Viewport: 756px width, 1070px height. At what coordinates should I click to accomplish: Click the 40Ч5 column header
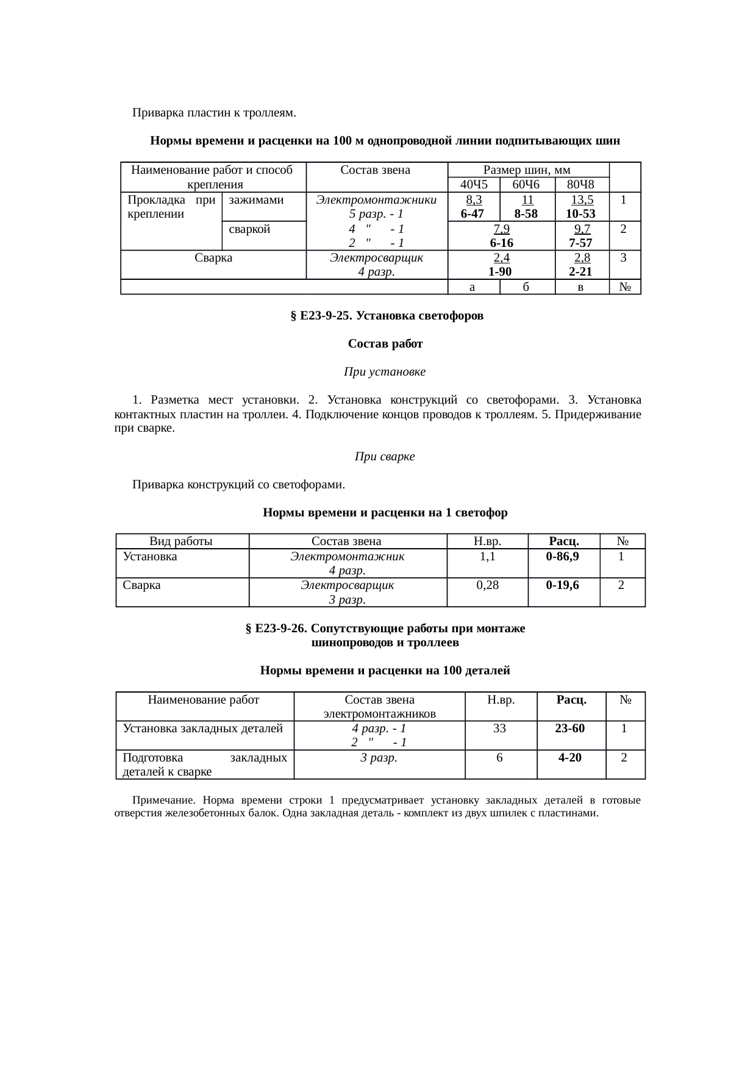[473, 184]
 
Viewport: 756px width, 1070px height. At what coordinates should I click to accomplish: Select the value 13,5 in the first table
[582, 199]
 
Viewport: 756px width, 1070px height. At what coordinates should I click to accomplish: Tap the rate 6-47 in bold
[472, 213]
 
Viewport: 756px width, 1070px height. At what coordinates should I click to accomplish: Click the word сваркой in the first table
[249, 229]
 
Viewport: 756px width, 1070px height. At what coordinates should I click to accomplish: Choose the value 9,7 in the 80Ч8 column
[582, 229]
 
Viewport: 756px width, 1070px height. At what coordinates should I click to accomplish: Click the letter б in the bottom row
[526, 287]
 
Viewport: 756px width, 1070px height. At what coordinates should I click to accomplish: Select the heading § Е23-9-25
[386, 316]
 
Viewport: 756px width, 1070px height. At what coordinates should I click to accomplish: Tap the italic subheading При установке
[385, 371]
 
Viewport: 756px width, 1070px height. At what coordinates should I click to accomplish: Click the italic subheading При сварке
[385, 456]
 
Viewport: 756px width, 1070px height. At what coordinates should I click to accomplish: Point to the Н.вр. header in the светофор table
[487, 541]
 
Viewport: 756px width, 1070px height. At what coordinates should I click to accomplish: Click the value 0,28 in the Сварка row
[487, 585]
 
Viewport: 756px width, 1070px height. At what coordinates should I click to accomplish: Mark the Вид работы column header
[181, 541]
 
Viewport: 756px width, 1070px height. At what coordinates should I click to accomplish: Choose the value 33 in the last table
[499, 728]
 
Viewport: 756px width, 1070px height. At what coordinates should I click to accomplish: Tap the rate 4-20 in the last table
[570, 757]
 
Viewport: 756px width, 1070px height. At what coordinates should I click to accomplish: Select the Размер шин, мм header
[527, 169]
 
